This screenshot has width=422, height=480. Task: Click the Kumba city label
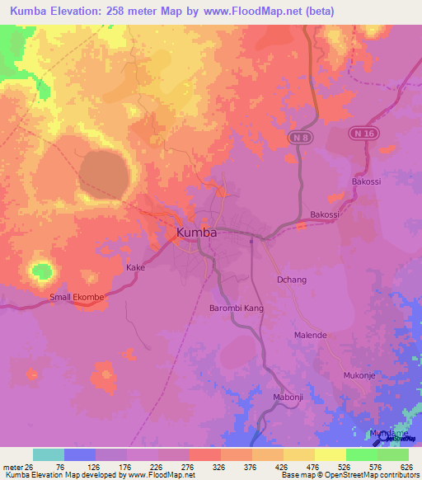pos(197,233)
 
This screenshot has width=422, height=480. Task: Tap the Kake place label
pos(135,268)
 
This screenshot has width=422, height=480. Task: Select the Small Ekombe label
pos(77,297)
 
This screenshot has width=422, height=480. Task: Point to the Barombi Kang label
pos(235,308)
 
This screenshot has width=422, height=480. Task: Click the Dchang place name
pos(290,280)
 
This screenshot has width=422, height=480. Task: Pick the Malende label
pos(311,336)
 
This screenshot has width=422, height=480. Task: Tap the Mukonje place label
pos(359,375)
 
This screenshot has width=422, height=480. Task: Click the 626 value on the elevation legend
pos(406,467)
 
